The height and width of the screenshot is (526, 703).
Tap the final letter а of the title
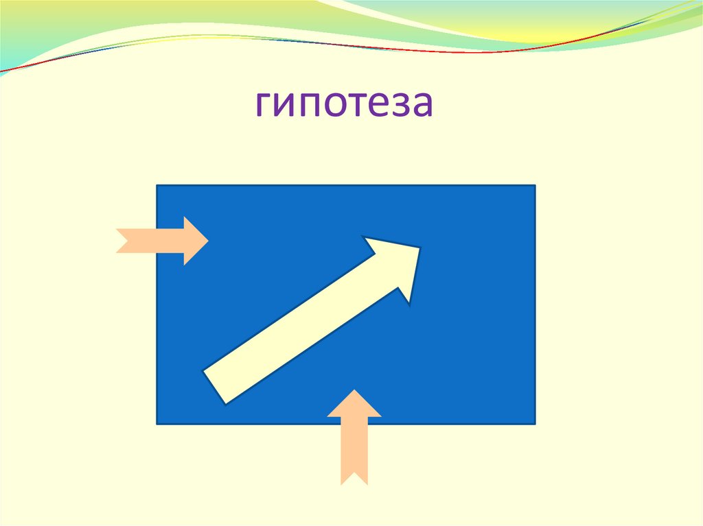tap(421, 107)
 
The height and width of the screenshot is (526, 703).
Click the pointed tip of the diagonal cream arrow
tap(419, 248)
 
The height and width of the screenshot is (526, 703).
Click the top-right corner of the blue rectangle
tap(535, 185)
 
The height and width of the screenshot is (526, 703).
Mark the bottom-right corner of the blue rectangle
tap(535, 424)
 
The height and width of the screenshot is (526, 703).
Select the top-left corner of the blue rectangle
tap(157, 185)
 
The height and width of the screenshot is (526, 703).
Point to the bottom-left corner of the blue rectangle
tap(157, 424)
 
